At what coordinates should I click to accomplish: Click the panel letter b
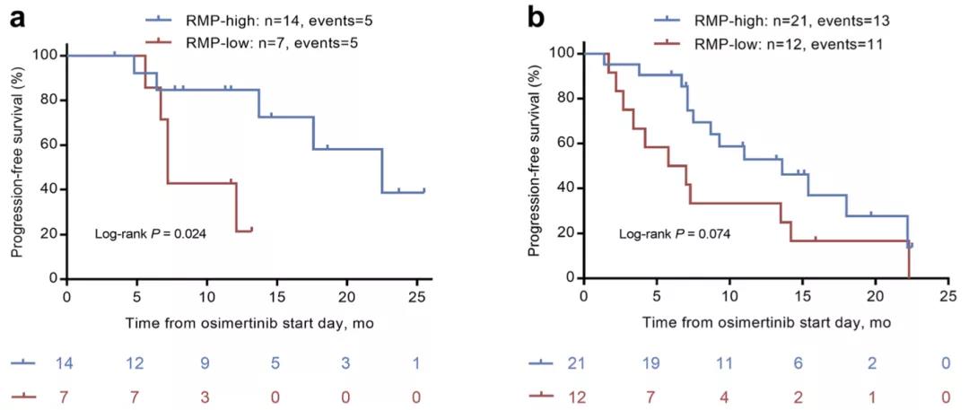(x=536, y=17)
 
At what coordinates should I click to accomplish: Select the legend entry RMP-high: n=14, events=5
(x=259, y=18)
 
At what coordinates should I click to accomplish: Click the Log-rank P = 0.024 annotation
(x=151, y=234)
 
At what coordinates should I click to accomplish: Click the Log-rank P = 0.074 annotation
(x=675, y=235)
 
